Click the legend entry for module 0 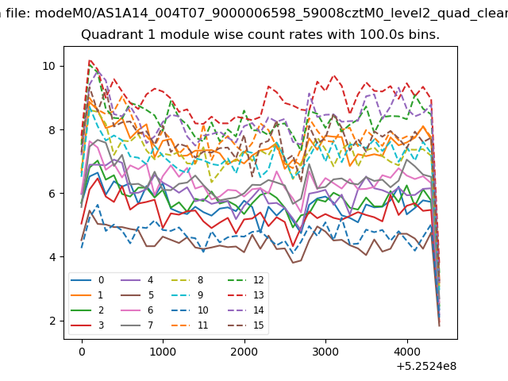click(x=87, y=280)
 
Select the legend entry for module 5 click(x=137, y=295)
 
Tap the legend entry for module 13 click(x=245, y=295)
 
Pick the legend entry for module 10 click(x=190, y=310)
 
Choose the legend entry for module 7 click(x=137, y=325)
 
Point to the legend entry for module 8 click(x=188, y=280)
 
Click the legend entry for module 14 click(x=245, y=310)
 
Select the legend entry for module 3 click(x=87, y=325)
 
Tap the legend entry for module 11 click(x=190, y=325)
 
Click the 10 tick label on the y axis click(x=48, y=66)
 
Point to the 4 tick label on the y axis click(x=52, y=257)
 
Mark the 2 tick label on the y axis click(x=52, y=321)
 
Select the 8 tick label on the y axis click(x=52, y=130)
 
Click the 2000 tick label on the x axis click(x=244, y=352)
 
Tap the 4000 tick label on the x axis click(x=407, y=352)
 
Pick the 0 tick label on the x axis click(x=82, y=352)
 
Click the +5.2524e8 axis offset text click(x=426, y=366)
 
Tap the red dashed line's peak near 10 click(x=90, y=60)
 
